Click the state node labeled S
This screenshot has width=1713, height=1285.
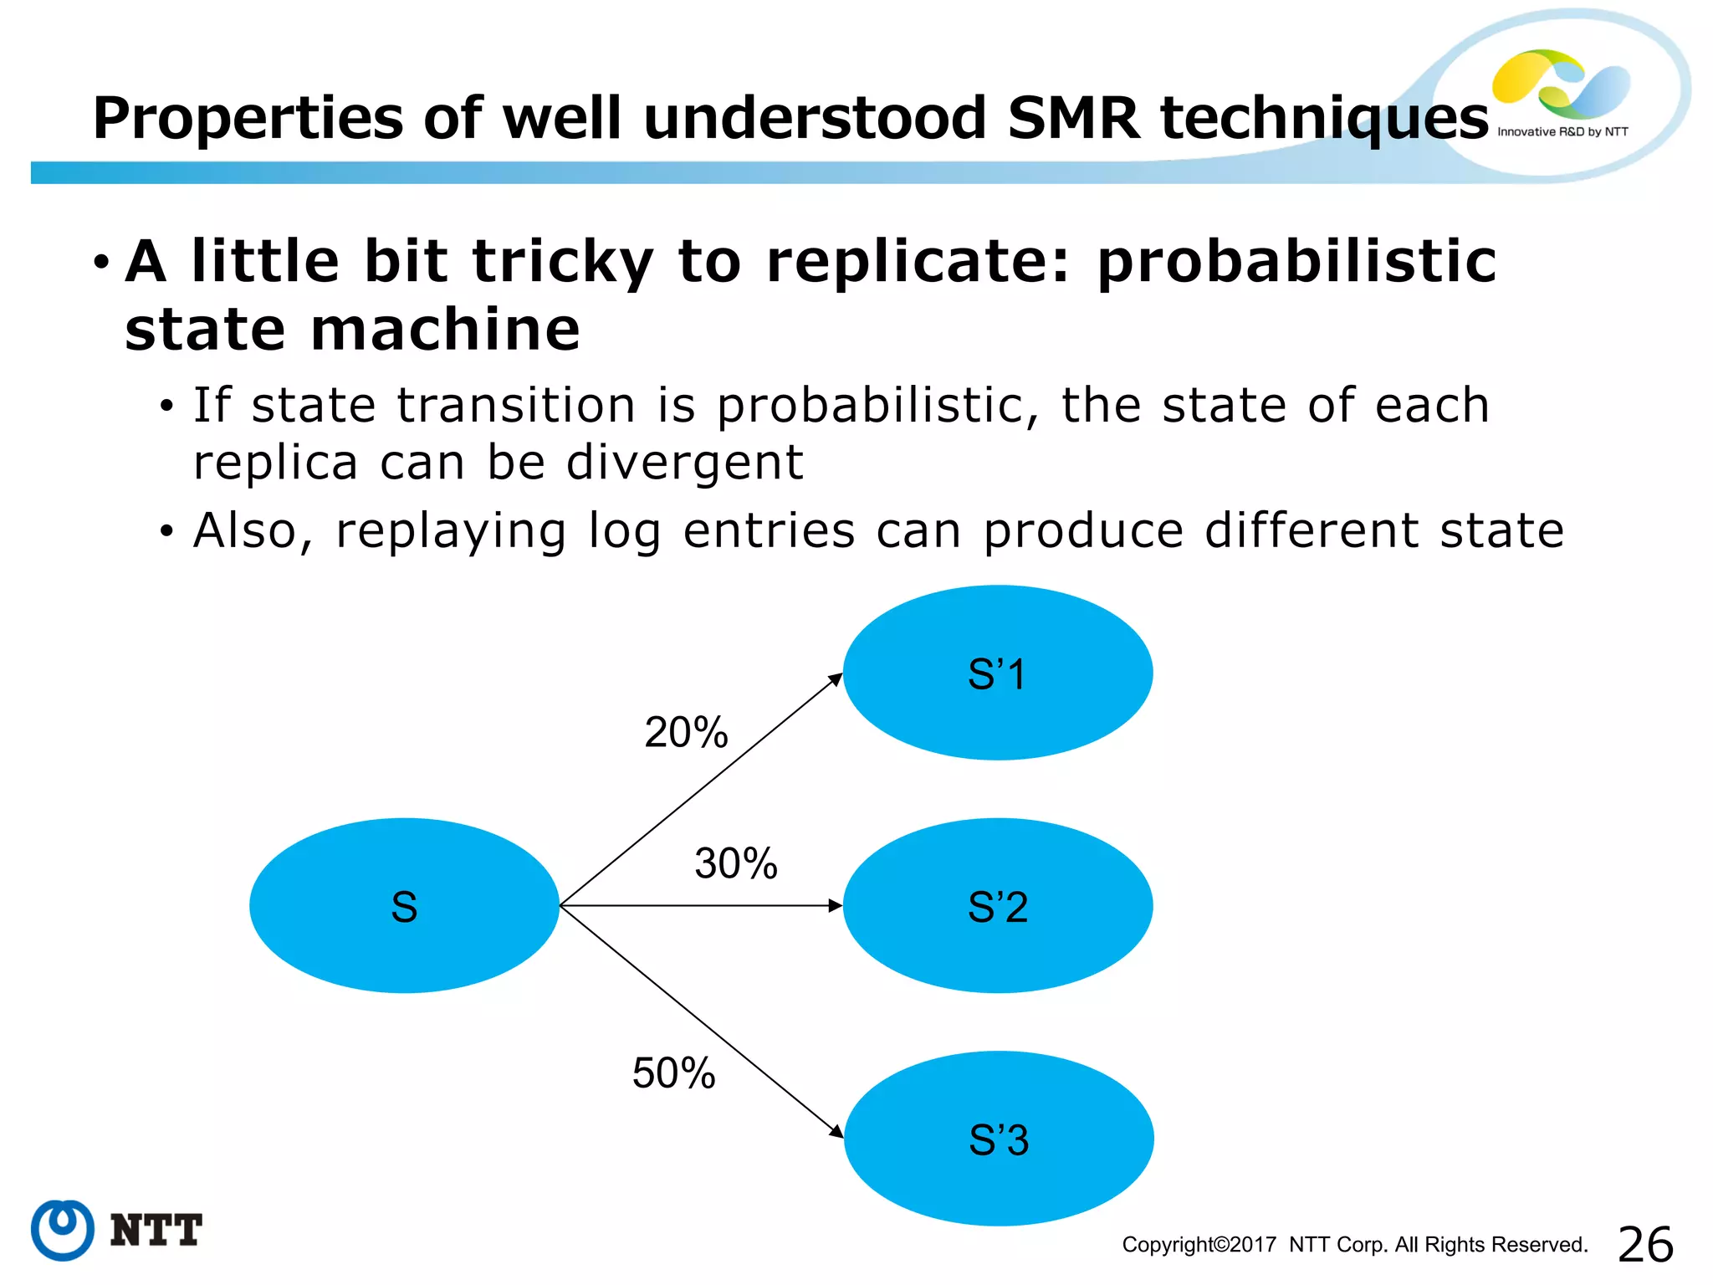coord(404,906)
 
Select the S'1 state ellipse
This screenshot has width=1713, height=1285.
coord(997,673)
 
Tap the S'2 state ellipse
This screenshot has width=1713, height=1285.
coord(997,906)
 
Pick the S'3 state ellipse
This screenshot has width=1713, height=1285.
coord(999,1139)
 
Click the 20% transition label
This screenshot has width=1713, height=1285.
coord(686,732)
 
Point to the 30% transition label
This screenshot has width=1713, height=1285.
coord(736,863)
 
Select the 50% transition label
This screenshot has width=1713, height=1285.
coord(674,1073)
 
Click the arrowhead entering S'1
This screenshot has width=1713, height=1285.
coord(835,678)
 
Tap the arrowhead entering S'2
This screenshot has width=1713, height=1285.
coord(835,905)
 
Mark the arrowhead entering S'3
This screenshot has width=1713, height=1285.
coord(836,1131)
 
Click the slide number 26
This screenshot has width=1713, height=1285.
coord(1645,1245)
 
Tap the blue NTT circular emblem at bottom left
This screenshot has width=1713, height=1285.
coord(62,1230)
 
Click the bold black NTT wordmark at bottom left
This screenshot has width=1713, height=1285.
coord(156,1231)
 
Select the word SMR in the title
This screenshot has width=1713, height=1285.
coord(1074,118)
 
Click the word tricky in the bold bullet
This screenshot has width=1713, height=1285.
coord(562,262)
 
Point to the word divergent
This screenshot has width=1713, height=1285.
coord(684,463)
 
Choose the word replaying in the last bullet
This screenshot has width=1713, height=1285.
coord(451,531)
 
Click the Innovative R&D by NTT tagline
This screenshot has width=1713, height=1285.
coord(1562,131)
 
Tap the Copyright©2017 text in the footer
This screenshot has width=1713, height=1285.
coord(1199,1245)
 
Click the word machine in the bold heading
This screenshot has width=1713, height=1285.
coord(445,329)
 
